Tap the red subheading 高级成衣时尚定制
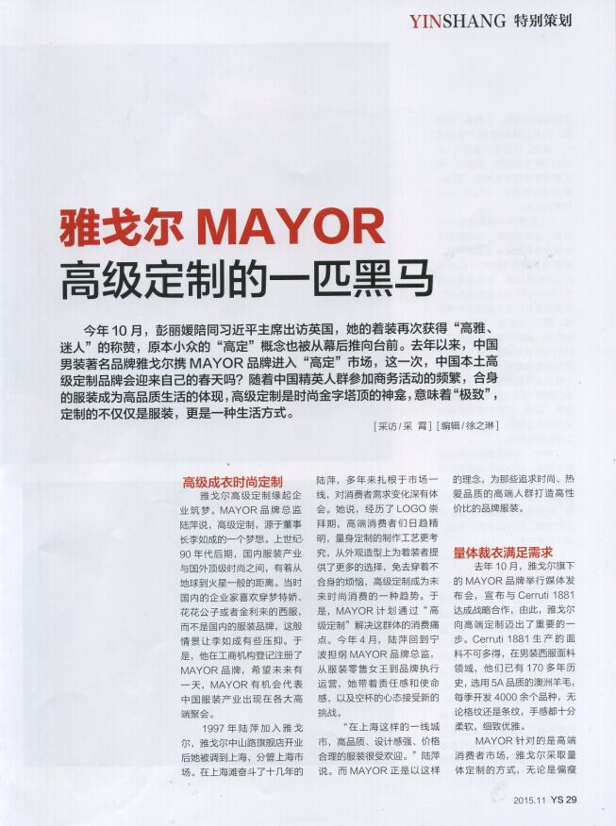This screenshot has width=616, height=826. (232, 482)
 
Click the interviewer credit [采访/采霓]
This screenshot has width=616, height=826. (402, 426)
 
